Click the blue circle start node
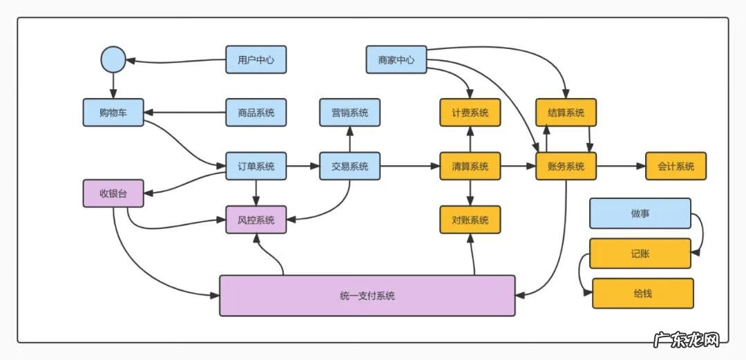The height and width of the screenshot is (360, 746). click(x=113, y=59)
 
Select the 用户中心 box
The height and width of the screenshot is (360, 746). click(x=256, y=59)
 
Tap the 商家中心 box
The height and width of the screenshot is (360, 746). click(x=396, y=59)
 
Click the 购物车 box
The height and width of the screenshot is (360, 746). click(x=113, y=113)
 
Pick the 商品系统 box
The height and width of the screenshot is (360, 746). click(x=256, y=113)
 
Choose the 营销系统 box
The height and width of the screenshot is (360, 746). click(x=350, y=113)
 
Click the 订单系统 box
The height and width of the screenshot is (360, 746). click(x=256, y=166)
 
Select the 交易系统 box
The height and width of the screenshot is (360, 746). click(x=350, y=166)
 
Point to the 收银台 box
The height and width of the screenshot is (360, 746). click(x=113, y=193)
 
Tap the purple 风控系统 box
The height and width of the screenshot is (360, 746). click(x=256, y=220)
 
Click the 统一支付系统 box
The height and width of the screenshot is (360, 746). click(x=367, y=296)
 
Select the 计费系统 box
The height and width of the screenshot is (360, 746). click(x=470, y=113)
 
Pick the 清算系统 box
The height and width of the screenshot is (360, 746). click(x=470, y=166)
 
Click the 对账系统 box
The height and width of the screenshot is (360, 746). click(x=470, y=220)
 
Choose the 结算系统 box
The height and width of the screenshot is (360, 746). click(x=566, y=113)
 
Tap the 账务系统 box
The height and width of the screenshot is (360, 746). click(x=566, y=166)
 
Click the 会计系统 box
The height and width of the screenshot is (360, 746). click(x=676, y=166)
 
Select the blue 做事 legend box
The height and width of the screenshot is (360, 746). click(x=640, y=214)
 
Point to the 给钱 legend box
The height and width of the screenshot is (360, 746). click(x=642, y=293)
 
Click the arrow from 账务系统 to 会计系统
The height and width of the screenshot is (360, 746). click(x=620, y=166)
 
